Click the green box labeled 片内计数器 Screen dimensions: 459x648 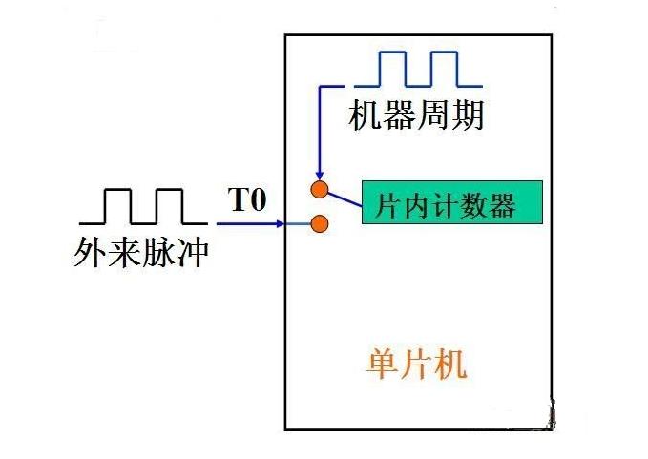pos(451,202)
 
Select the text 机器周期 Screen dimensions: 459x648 pos(418,115)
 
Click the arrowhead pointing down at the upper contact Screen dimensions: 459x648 pos(321,172)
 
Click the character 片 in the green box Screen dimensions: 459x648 pos(388,204)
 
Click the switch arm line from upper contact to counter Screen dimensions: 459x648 pos(344,197)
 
